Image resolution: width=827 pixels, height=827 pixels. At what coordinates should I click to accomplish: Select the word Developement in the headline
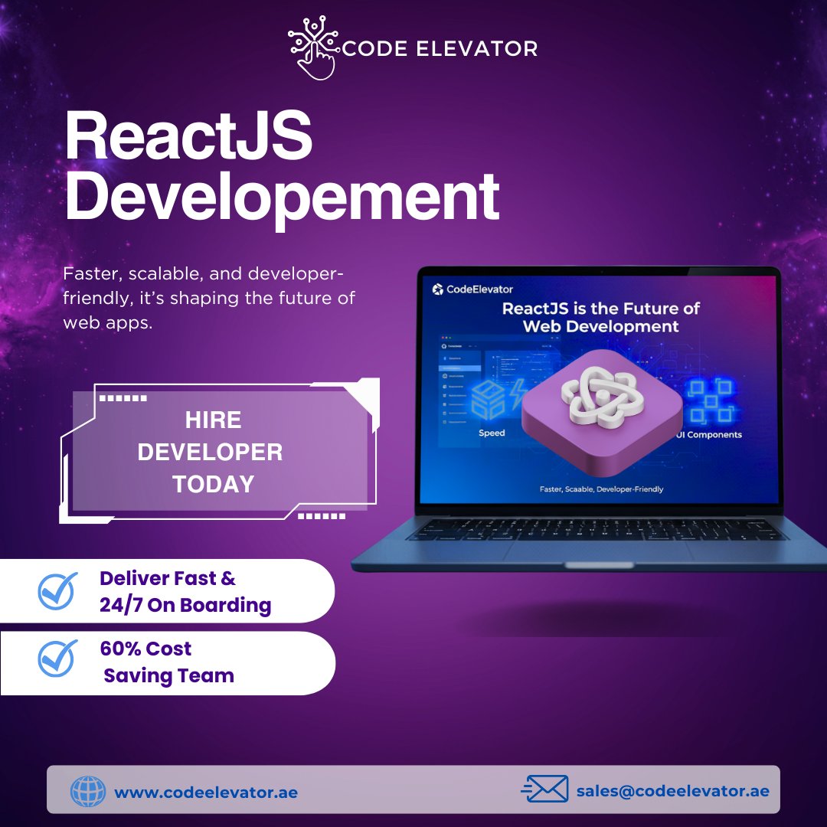(282, 198)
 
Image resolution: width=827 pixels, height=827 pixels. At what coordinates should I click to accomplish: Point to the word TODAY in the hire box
(213, 484)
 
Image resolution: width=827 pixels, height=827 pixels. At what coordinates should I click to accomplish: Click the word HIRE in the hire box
(213, 420)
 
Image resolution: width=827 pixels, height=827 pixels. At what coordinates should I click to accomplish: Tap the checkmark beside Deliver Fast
(57, 590)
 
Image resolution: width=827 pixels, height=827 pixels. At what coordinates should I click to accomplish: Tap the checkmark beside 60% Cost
(57, 659)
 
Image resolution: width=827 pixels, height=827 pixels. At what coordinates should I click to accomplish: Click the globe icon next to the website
(88, 791)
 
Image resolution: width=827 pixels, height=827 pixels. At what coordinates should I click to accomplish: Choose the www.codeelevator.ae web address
(206, 793)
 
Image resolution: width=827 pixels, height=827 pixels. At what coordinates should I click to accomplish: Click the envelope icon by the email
(545, 789)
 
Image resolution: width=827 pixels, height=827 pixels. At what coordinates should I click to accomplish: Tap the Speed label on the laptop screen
(492, 433)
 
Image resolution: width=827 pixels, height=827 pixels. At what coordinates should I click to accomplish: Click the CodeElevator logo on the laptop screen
(472, 289)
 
